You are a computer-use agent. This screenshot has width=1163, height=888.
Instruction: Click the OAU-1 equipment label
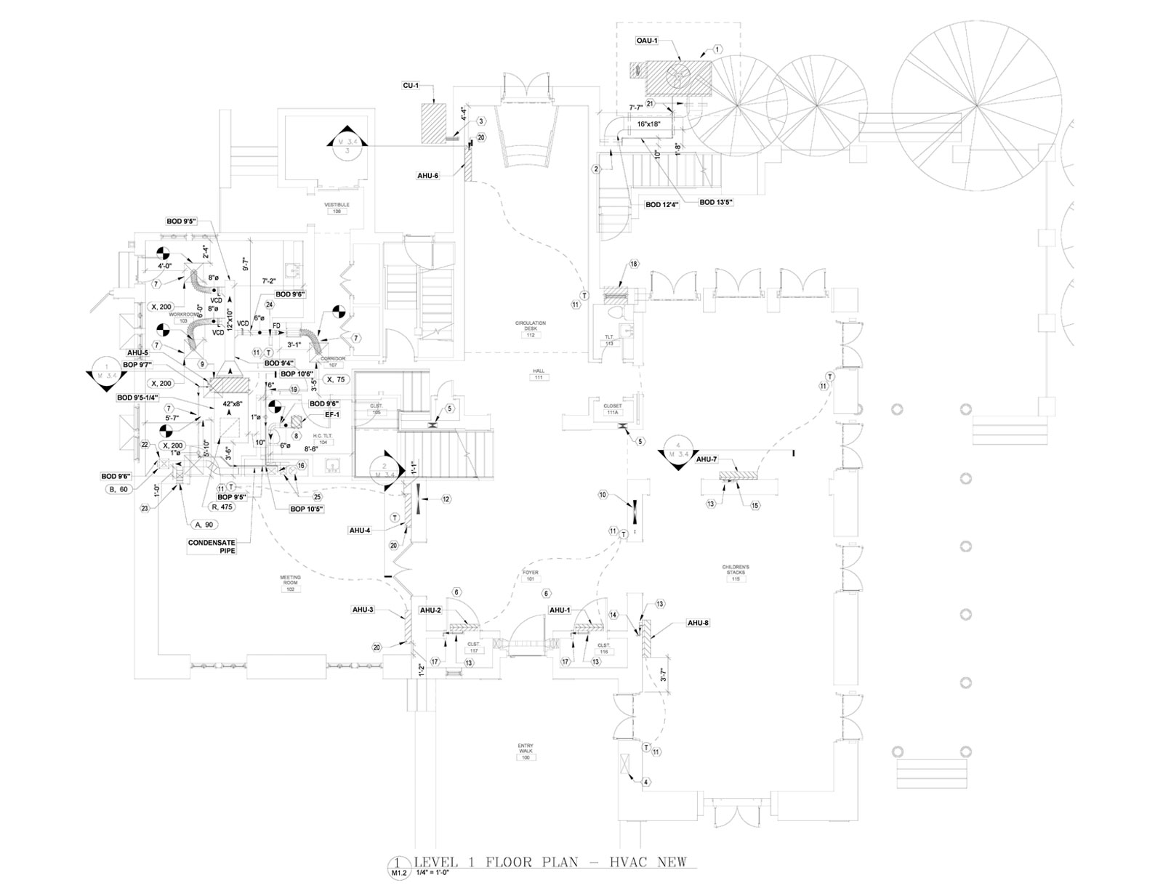pyautogui.click(x=646, y=41)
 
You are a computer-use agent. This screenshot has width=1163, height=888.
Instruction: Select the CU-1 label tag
pyautogui.click(x=411, y=86)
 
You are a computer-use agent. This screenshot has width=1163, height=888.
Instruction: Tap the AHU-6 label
pyautogui.click(x=428, y=175)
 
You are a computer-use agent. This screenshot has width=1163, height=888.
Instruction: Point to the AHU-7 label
pyautogui.click(x=707, y=459)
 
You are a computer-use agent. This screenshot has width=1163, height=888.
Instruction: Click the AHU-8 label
pyautogui.click(x=699, y=623)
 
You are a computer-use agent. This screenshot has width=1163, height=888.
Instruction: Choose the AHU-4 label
pyautogui.click(x=360, y=530)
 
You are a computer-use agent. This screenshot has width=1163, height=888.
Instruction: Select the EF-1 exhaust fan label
pyautogui.click(x=332, y=414)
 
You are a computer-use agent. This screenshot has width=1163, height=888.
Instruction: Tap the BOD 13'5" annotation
pyautogui.click(x=716, y=202)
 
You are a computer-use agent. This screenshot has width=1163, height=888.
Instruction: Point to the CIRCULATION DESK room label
pyautogui.click(x=530, y=326)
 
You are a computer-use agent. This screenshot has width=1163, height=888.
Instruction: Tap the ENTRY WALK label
pyautogui.click(x=525, y=749)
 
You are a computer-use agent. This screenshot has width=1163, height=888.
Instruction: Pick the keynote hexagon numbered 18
pyautogui.click(x=634, y=264)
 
